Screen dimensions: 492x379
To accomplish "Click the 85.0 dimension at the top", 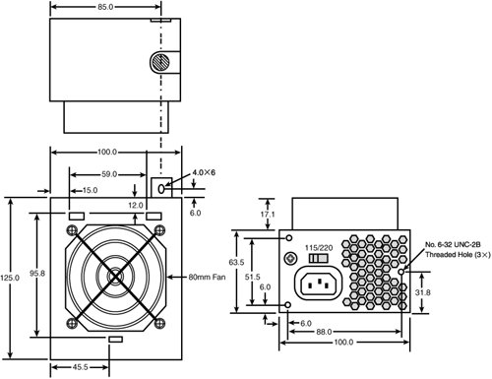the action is (105, 7).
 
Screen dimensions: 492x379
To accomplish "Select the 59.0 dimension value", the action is (109, 174).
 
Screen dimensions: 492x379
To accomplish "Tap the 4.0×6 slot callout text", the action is (204, 172).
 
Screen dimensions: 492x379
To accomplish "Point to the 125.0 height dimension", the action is (10, 278).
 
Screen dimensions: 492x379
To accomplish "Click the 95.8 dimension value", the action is (37, 273).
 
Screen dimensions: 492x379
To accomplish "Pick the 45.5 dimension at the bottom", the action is (81, 367).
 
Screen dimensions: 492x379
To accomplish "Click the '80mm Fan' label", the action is (207, 277).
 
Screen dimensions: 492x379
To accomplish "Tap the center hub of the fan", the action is (115, 277).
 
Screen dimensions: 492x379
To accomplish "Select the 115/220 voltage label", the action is (319, 248).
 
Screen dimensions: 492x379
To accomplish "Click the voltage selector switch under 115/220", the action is (318, 258).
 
